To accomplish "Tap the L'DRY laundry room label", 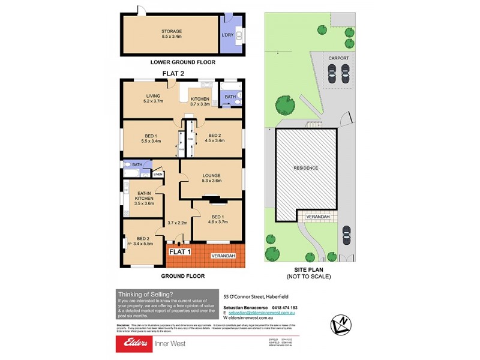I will click(227, 35).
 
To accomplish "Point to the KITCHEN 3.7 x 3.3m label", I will click(200, 101).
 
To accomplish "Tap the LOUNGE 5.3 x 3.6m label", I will click(212, 178).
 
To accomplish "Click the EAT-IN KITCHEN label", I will click(144, 200).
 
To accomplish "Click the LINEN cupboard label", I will click(158, 175).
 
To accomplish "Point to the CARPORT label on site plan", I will click(338, 58).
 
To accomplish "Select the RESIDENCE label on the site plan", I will click(306, 168).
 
